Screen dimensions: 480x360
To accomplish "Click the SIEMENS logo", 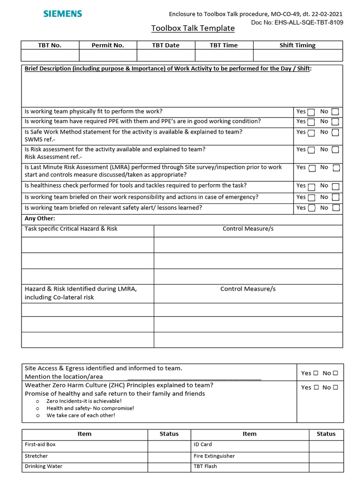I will click(x=62, y=14).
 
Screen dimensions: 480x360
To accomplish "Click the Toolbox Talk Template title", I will click(x=193, y=28).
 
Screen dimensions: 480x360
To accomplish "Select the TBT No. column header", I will click(x=50, y=45).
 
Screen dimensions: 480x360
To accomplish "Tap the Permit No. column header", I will click(x=108, y=45).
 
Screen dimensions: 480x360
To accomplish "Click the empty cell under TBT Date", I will click(x=165, y=55).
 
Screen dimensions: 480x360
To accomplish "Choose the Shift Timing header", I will click(x=297, y=45).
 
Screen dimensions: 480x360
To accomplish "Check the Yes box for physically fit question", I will click(x=311, y=112).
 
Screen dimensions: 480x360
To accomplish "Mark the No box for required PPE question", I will click(x=335, y=122).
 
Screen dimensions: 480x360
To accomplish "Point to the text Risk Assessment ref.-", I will click(x=53, y=157).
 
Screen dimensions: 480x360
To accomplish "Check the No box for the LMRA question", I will click(x=336, y=168).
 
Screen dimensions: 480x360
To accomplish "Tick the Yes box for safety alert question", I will click(x=311, y=208).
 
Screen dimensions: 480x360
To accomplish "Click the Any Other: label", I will click(x=40, y=218).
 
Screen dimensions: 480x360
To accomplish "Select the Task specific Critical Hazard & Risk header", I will click(x=71, y=229).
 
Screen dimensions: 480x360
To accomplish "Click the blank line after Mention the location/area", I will click(x=194, y=377).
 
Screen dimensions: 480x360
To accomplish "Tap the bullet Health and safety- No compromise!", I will click(x=90, y=408).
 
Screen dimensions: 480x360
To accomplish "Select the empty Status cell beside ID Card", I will click(x=326, y=444).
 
